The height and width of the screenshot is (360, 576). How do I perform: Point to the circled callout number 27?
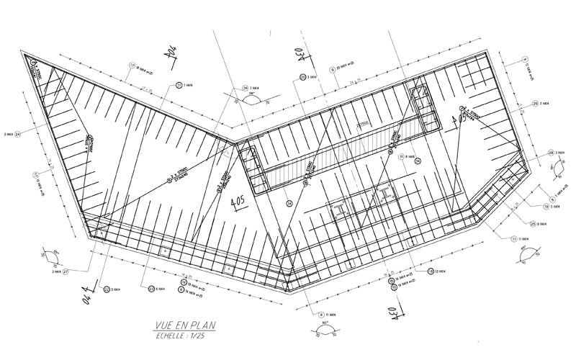tap(66, 273)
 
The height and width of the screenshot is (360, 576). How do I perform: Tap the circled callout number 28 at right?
tap(550, 153)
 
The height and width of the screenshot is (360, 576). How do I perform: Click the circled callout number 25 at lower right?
tap(534, 223)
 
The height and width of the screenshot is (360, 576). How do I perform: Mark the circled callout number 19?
tap(547, 207)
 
